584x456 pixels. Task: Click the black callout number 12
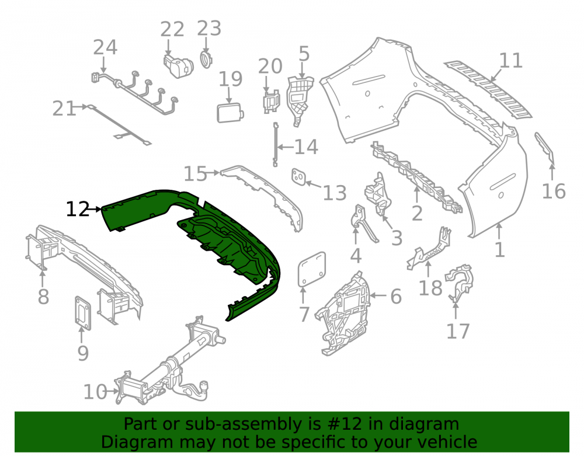click(x=78, y=209)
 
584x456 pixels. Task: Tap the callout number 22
click(x=172, y=29)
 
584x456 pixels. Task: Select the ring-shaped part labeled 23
click(x=205, y=60)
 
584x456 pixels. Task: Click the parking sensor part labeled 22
click(x=178, y=66)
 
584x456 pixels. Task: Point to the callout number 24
click(x=105, y=47)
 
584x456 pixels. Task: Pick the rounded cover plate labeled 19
click(x=230, y=113)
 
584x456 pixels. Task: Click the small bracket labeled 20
click(x=271, y=101)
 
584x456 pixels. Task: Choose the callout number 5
click(x=304, y=54)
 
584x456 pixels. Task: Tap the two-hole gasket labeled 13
click(x=298, y=176)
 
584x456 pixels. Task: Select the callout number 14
click(x=306, y=147)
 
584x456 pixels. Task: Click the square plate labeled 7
click(x=312, y=270)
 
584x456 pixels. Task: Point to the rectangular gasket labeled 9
click(x=83, y=313)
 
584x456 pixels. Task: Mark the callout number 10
click(x=95, y=392)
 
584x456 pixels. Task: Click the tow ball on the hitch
click(x=204, y=385)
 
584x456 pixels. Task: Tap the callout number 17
click(x=458, y=331)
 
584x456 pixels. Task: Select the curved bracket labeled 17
click(x=460, y=281)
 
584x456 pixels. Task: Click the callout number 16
click(x=554, y=192)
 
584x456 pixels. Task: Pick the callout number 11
click(x=510, y=61)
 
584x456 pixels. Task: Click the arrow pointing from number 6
click(x=379, y=296)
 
